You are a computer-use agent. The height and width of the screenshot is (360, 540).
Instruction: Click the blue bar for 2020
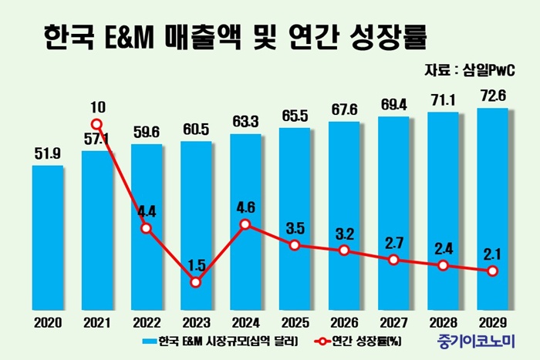click(x=48, y=235)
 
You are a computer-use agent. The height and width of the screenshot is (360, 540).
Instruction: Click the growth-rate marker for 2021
click(x=97, y=124)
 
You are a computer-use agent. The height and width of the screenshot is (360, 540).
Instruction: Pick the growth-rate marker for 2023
click(x=196, y=282)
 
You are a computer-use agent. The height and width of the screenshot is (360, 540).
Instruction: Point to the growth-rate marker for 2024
click(x=245, y=224)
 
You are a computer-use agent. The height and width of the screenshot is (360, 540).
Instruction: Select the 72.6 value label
click(x=493, y=98)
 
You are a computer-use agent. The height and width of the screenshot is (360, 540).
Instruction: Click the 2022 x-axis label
click(x=147, y=318)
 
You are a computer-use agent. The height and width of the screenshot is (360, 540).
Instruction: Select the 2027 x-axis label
click(x=394, y=318)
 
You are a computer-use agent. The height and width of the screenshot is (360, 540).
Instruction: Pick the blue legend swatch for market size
click(x=149, y=340)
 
